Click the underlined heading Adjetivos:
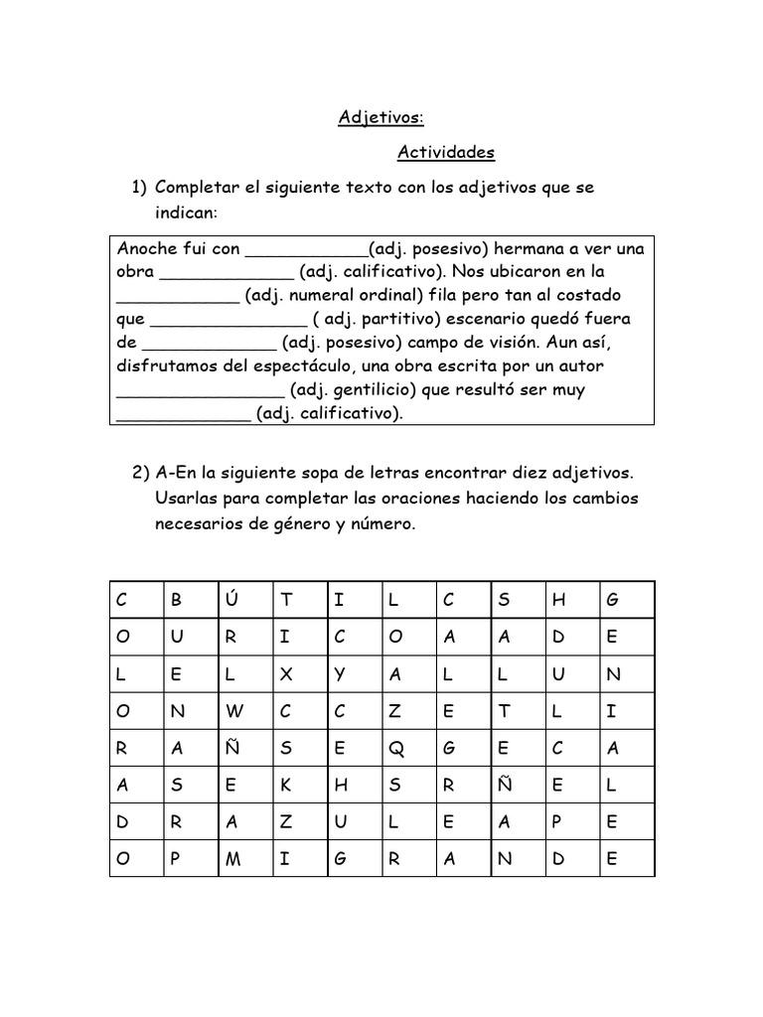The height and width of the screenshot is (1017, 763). tap(381, 118)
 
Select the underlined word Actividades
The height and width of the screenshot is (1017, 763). tap(445, 153)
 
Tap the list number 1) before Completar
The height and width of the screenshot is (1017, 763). tap(138, 188)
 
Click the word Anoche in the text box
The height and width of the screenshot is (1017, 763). tap(145, 248)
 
